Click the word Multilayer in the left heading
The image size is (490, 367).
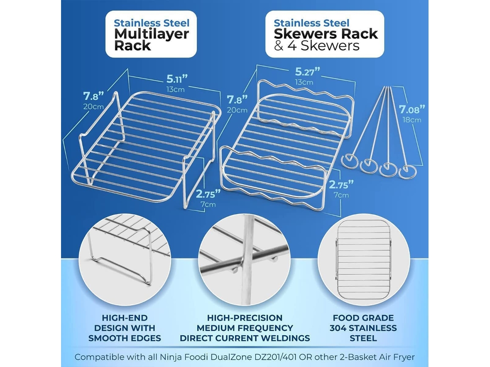(x=152, y=34)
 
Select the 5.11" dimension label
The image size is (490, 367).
(x=177, y=79)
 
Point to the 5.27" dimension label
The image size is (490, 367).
(x=307, y=72)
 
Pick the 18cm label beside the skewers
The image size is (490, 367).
(x=412, y=120)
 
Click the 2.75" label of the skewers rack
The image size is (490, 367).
(x=341, y=185)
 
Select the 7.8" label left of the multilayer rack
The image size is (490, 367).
(x=93, y=95)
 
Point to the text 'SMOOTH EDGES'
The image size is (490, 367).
(x=125, y=338)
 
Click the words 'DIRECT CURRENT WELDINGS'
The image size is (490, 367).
(x=245, y=338)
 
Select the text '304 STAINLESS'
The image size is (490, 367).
(x=363, y=328)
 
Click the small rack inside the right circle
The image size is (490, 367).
(x=364, y=260)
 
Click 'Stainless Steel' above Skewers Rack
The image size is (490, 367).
(x=312, y=23)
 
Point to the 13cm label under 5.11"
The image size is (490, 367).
(x=175, y=90)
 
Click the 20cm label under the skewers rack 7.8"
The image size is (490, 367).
(x=237, y=110)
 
